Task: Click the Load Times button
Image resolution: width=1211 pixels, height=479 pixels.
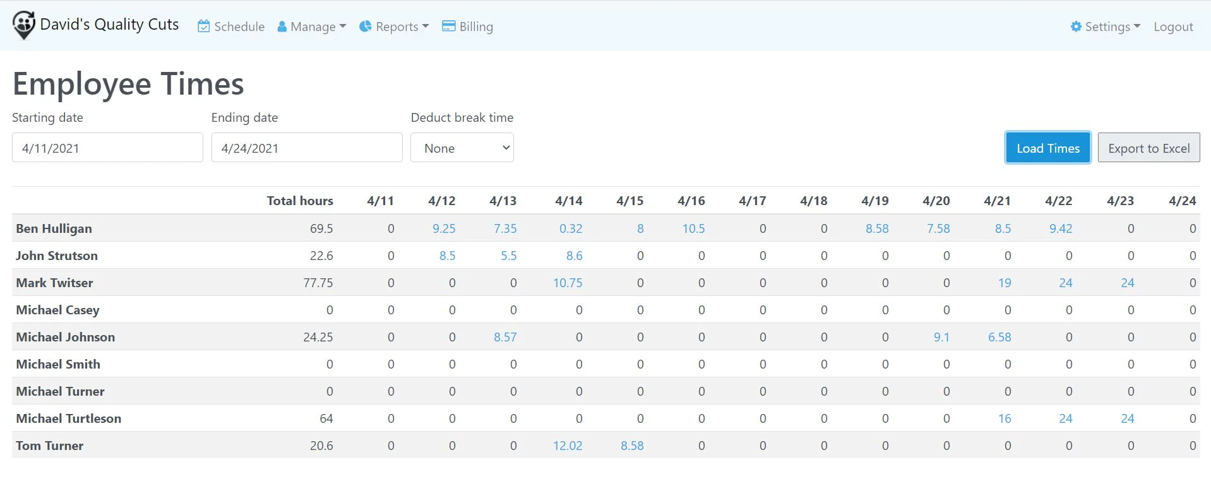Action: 1048,148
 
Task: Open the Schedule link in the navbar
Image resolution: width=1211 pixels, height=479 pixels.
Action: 231,27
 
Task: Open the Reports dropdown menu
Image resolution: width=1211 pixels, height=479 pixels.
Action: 394,27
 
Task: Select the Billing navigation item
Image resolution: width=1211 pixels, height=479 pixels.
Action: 467,27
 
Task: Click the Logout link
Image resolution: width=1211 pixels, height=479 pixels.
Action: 1173,27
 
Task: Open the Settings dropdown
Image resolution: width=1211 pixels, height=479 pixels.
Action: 1106,27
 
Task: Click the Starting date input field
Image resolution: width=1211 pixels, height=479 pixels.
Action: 107,148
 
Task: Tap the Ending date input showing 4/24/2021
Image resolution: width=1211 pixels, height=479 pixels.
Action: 307,148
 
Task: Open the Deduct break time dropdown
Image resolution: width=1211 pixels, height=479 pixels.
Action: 462,148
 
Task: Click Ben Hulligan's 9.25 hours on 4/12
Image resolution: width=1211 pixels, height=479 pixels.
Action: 444,228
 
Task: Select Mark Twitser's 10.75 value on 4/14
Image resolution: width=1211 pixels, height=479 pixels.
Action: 568,283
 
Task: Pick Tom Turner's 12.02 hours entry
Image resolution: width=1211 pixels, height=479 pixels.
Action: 568,446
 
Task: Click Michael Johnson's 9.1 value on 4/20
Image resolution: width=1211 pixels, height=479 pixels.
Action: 941,337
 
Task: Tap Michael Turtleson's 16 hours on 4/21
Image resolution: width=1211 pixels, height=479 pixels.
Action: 1005,418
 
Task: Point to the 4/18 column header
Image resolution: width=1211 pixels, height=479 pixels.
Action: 813,201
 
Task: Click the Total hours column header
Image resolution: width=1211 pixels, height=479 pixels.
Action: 300,201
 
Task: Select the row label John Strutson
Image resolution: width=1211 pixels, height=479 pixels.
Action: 57,256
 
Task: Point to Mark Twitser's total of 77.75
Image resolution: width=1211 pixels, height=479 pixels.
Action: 318,283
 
